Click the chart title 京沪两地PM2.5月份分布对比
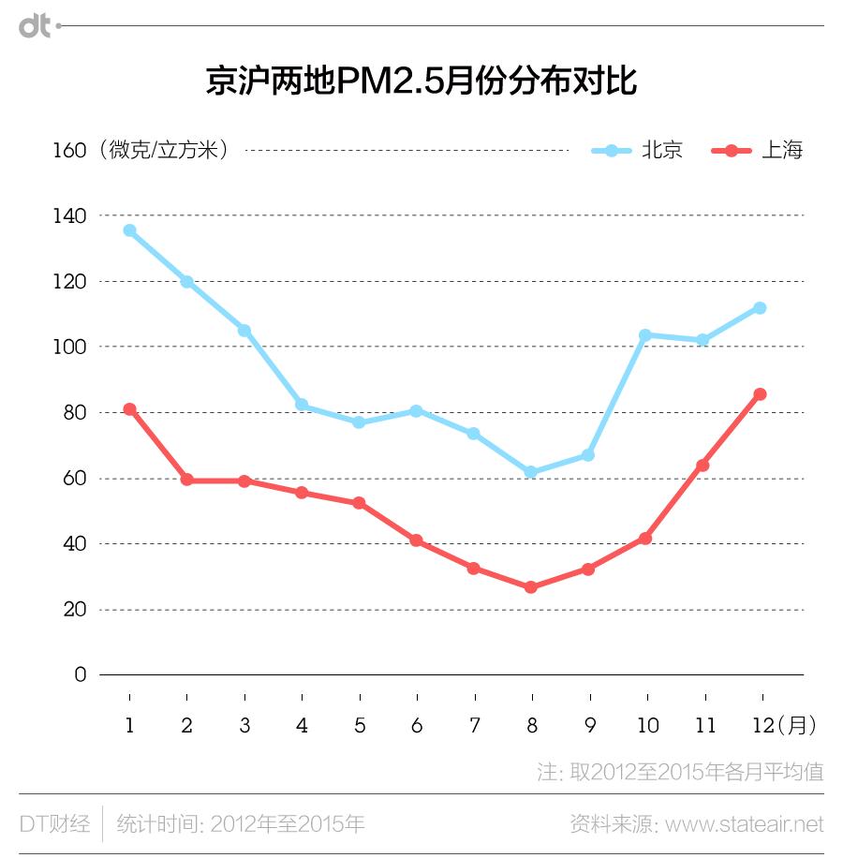click(x=421, y=81)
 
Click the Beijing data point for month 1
click(x=129, y=230)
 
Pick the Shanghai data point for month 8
click(x=531, y=587)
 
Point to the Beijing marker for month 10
click(x=645, y=334)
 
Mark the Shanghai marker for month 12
click(x=760, y=394)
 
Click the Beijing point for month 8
click(x=531, y=472)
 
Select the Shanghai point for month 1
click(x=129, y=409)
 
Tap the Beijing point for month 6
click(x=416, y=411)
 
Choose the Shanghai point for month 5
click(x=359, y=503)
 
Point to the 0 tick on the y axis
click(x=80, y=674)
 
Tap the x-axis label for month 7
click(x=474, y=726)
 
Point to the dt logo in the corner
click(x=36, y=27)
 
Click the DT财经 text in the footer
click(x=54, y=824)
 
